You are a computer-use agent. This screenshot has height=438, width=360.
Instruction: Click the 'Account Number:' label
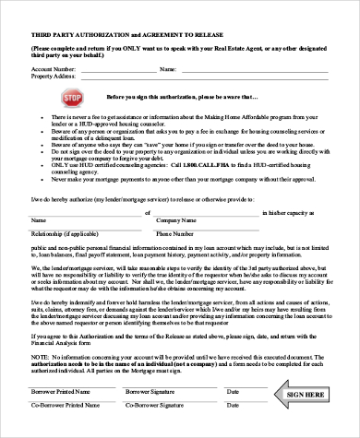point(54,68)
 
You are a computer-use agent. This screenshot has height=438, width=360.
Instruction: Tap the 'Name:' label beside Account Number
point(167,68)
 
